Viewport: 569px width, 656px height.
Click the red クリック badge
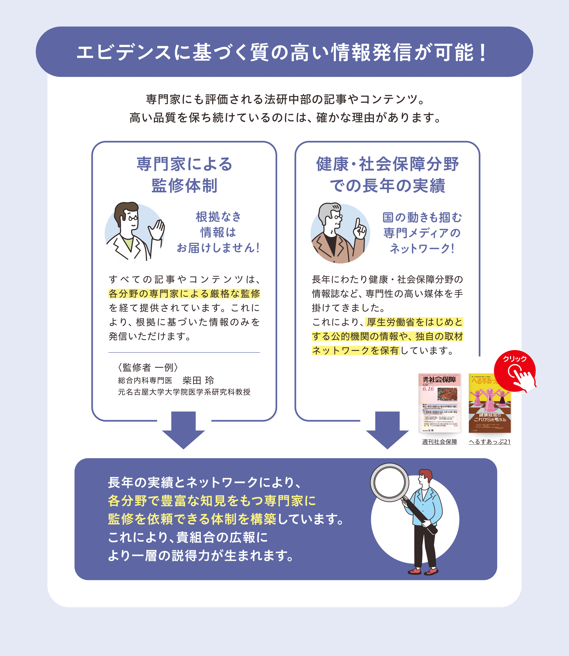point(514,371)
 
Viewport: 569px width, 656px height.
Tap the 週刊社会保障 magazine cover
point(439,403)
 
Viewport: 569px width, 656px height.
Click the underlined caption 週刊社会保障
point(439,442)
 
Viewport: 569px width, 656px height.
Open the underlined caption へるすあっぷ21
point(490,442)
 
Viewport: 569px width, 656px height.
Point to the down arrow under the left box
point(184,430)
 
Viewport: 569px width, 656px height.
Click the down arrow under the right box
point(387,430)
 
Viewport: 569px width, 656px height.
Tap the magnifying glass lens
point(389,482)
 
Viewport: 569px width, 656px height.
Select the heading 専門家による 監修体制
point(184,175)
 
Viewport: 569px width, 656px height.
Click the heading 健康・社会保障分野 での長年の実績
point(387,175)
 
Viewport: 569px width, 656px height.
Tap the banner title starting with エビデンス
point(282,52)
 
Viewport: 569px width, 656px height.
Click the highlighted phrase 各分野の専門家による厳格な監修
point(184,293)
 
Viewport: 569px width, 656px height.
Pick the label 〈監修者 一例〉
point(148,367)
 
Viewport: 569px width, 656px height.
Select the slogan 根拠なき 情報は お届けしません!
point(218,232)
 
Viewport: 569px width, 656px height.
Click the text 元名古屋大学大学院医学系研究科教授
point(184,392)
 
